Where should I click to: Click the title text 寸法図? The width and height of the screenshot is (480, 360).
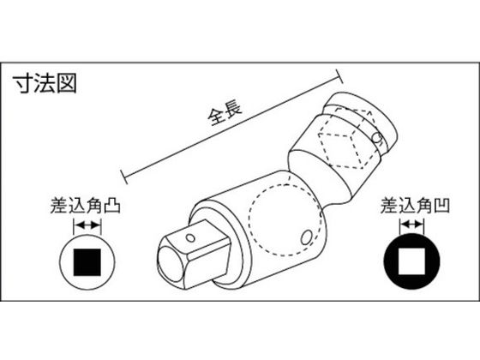click(45, 83)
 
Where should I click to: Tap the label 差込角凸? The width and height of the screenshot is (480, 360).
click(85, 206)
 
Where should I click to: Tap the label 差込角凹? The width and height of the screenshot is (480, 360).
click(415, 206)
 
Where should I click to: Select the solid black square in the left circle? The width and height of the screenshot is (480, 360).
click(87, 262)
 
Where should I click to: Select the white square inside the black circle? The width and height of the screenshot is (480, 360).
click(411, 261)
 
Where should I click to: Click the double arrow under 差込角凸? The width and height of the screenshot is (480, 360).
click(87, 226)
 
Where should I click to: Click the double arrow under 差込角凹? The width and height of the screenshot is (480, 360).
click(411, 225)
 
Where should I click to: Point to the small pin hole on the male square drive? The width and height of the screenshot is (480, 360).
click(190, 237)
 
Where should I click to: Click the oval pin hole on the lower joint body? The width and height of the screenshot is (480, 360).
click(305, 237)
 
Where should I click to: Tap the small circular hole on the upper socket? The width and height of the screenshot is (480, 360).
click(377, 137)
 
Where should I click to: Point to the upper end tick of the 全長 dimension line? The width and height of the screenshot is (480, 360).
click(339, 76)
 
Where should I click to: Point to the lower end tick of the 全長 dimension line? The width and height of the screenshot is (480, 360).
click(124, 177)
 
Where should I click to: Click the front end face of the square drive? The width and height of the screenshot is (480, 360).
click(171, 261)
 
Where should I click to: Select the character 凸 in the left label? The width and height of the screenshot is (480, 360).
click(112, 206)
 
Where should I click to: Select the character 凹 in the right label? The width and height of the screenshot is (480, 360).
click(441, 206)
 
